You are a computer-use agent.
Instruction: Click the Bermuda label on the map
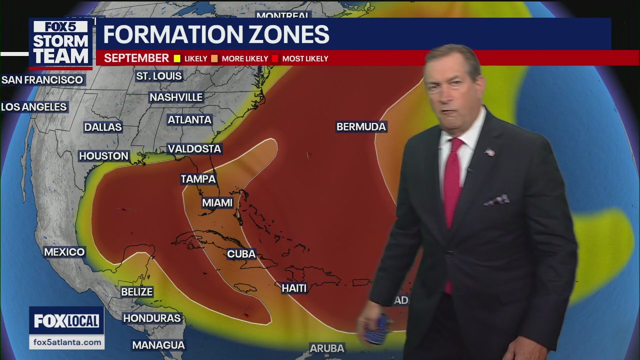coord(361,127)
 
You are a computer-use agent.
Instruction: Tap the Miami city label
coord(217,203)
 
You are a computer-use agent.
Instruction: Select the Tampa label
coord(198,179)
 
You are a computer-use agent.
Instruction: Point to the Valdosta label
coord(194,149)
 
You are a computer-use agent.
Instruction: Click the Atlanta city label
coord(189,120)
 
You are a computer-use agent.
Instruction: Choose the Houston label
coord(103,156)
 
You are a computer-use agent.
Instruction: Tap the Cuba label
coord(241,254)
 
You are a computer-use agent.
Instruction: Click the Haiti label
coord(294,288)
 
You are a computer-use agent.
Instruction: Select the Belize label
coord(136,292)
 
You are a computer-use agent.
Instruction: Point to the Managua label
coord(158,345)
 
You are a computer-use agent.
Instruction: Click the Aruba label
coord(327,348)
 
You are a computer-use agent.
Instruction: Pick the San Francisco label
coord(42,80)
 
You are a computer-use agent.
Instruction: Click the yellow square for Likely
coord(176,58)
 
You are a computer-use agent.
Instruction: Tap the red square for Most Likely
coord(275,58)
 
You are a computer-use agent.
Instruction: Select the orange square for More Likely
coord(214,58)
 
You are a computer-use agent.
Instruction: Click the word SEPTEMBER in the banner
coord(136,58)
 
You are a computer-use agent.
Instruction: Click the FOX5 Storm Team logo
coord(60,43)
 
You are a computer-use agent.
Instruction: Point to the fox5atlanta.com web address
coord(66,342)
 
